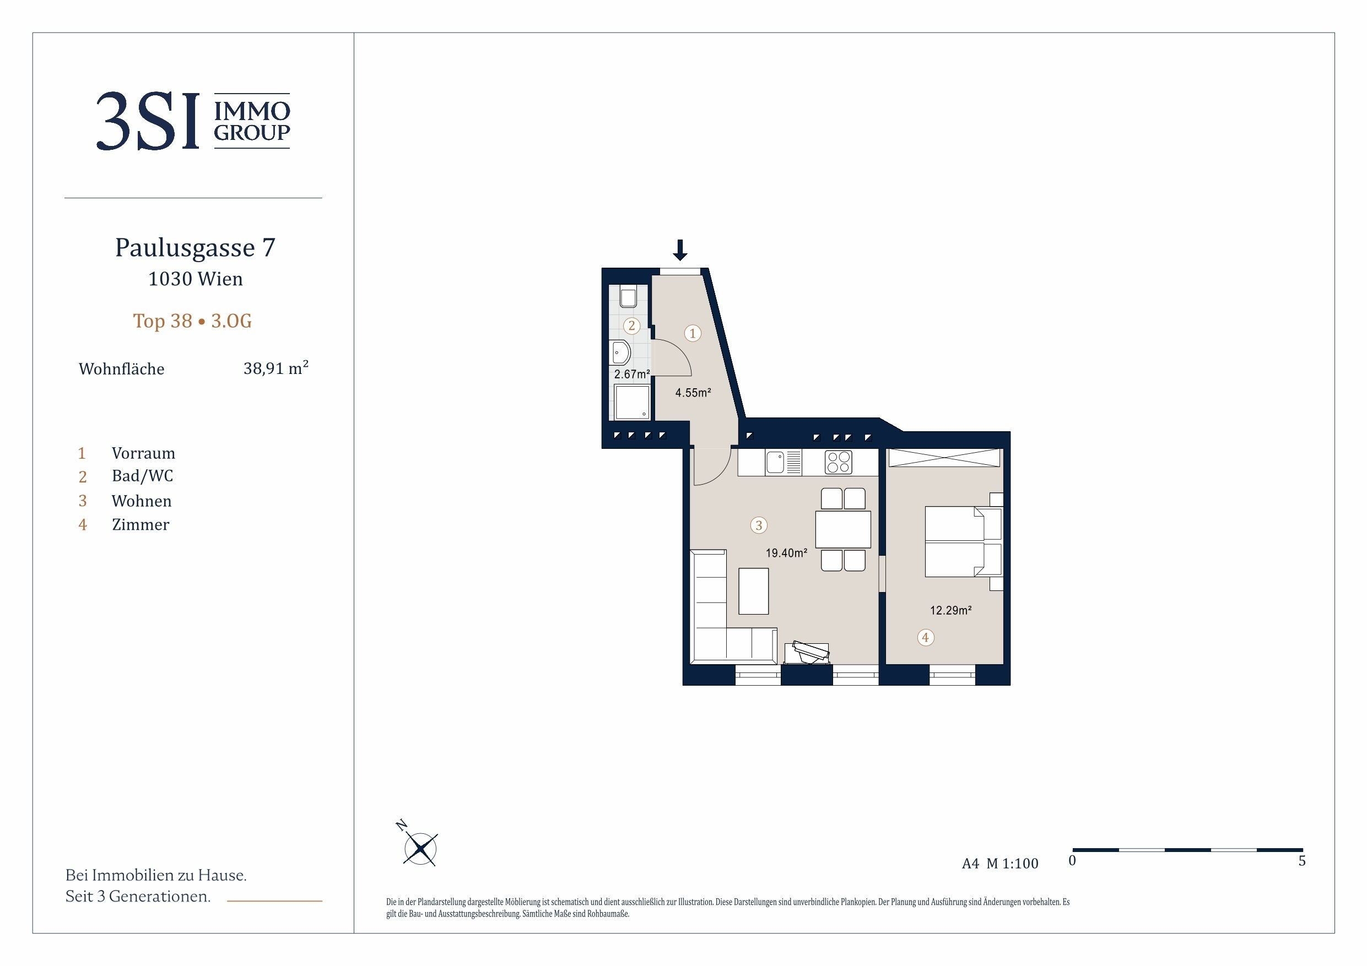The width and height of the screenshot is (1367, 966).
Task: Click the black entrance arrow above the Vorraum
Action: pyautogui.click(x=680, y=250)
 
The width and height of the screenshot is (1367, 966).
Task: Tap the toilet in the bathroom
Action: pyautogui.click(x=628, y=296)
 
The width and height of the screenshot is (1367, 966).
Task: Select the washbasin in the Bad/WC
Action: pyautogui.click(x=620, y=352)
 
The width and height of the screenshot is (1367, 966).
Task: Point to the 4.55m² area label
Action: pyautogui.click(x=693, y=393)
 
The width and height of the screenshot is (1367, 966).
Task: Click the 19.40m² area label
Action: pyautogui.click(x=786, y=553)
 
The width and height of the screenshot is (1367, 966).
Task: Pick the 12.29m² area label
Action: pyautogui.click(x=951, y=610)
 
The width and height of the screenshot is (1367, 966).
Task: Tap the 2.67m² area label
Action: pyautogui.click(x=631, y=375)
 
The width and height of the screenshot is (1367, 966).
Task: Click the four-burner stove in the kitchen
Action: pyautogui.click(x=838, y=463)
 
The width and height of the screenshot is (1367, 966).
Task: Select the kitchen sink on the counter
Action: pyautogui.click(x=784, y=463)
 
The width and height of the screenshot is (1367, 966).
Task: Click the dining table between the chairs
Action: pyautogui.click(x=843, y=529)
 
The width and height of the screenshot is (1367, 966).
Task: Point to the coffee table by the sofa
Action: pyautogui.click(x=753, y=591)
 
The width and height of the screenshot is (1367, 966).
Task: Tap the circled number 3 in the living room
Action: pyautogui.click(x=759, y=525)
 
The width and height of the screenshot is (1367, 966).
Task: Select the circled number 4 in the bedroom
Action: pyautogui.click(x=925, y=637)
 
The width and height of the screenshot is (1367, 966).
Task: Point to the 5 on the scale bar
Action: pyautogui.click(x=1302, y=861)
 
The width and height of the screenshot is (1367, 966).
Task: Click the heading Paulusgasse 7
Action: pyautogui.click(x=194, y=248)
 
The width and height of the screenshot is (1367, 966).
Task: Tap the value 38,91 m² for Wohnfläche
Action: pyautogui.click(x=275, y=368)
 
